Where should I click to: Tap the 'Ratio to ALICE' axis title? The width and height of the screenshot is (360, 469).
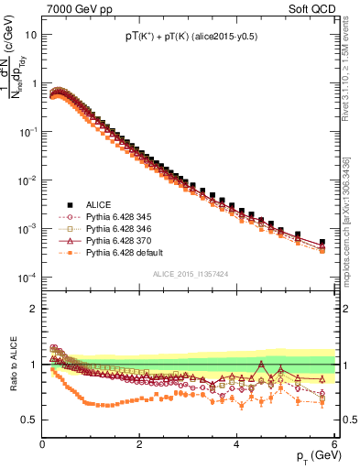pyautogui.click(x=12, y=366)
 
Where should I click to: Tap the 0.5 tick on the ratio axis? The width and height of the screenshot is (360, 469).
pyautogui.click(x=29, y=420)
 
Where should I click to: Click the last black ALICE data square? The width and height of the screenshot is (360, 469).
pyautogui.click(x=322, y=242)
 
